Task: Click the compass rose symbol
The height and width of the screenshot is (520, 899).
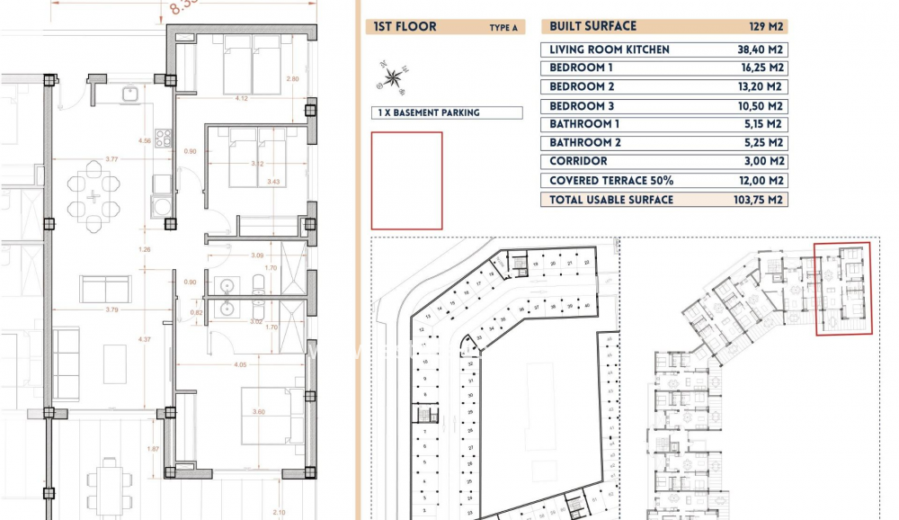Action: tap(393, 78)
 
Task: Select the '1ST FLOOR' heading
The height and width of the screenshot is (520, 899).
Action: tap(405, 27)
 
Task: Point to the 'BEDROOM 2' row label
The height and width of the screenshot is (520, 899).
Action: tap(583, 87)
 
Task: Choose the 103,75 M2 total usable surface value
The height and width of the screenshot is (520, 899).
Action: tap(754, 200)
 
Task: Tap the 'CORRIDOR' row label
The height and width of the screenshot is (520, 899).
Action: tap(578, 162)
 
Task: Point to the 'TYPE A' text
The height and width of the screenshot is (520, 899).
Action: tap(503, 28)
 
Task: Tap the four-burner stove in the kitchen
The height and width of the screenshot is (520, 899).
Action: tap(164, 139)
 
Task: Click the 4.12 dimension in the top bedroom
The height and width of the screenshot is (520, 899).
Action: tap(242, 98)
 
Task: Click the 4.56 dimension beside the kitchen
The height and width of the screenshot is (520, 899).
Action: tap(144, 141)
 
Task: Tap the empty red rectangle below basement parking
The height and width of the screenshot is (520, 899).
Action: tap(406, 181)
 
